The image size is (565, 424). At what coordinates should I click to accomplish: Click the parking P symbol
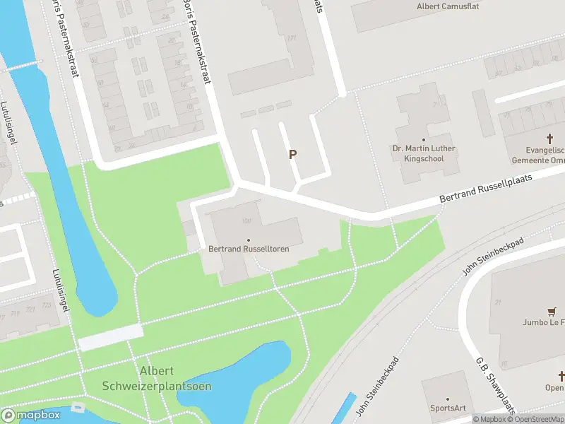click(x=292, y=155)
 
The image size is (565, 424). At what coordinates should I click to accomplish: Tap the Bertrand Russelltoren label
click(x=249, y=249)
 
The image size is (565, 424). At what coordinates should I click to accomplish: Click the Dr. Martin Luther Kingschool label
click(x=424, y=153)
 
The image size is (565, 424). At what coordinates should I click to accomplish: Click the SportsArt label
click(x=448, y=408)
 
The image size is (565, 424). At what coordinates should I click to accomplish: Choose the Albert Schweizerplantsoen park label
click(x=157, y=379)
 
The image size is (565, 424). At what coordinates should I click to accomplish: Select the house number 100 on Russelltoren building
click(x=246, y=221)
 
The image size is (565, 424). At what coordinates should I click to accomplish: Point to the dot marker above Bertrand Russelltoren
click(x=249, y=240)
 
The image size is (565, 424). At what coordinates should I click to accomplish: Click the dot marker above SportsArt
click(x=448, y=399)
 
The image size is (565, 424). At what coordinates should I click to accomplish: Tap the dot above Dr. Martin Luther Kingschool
click(x=424, y=140)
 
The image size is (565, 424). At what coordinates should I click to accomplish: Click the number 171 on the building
click(x=290, y=38)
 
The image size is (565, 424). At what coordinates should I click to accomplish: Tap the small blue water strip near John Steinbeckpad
click(x=343, y=408)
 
